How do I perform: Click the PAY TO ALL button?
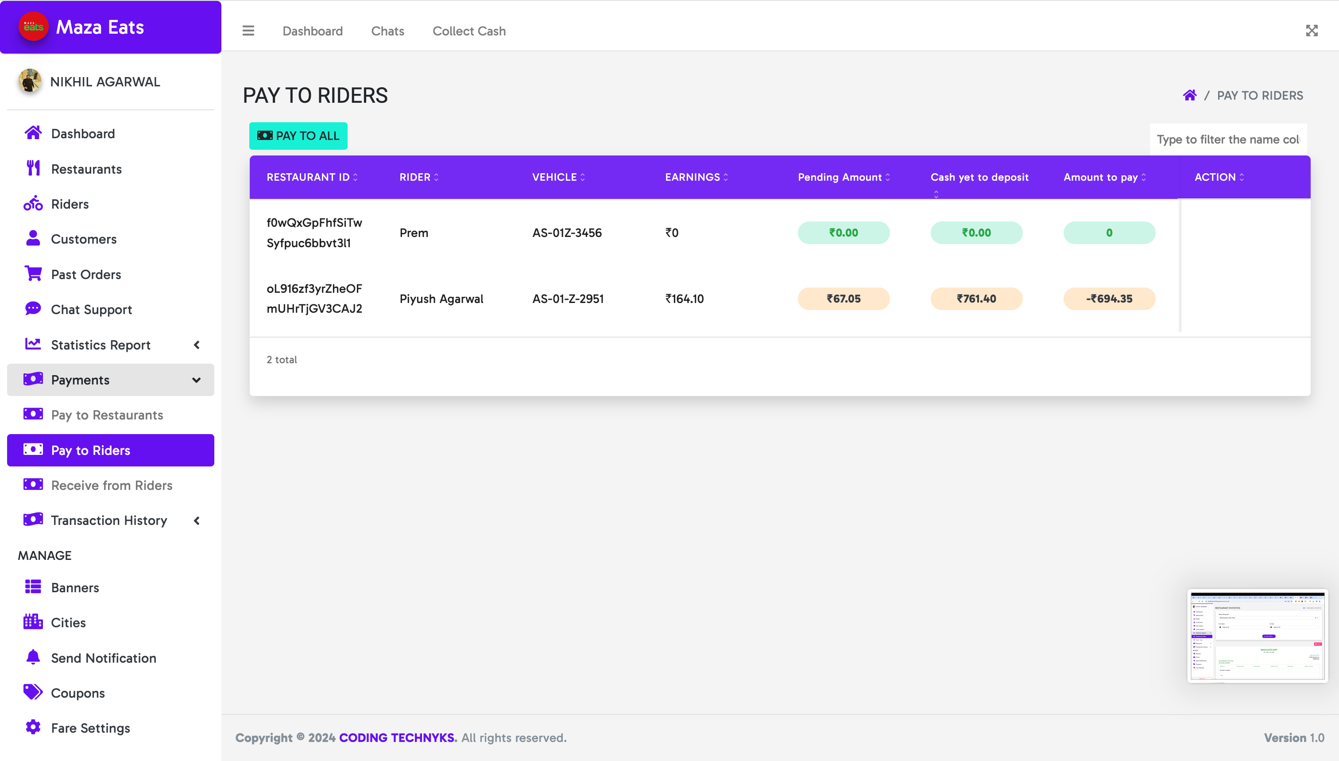[298, 136]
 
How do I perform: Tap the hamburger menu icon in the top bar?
[248, 31]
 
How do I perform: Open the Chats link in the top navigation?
[387, 31]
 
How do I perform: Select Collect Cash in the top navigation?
[468, 31]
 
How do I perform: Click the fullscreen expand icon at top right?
[1311, 31]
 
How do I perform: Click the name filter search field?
[1228, 139]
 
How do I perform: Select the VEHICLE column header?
[554, 177]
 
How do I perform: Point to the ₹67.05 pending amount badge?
[843, 299]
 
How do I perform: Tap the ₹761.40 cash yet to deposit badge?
[976, 299]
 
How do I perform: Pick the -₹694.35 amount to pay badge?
[1109, 299]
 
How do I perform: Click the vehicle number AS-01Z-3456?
[567, 233]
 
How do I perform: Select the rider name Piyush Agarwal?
[441, 299]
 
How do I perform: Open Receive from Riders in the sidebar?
[111, 485]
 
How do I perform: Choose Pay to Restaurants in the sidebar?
[107, 415]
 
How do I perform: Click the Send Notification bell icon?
[33, 657]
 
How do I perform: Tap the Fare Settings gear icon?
[33, 727]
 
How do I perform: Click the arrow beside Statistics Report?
[197, 345]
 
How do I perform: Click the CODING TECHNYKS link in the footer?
[397, 738]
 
